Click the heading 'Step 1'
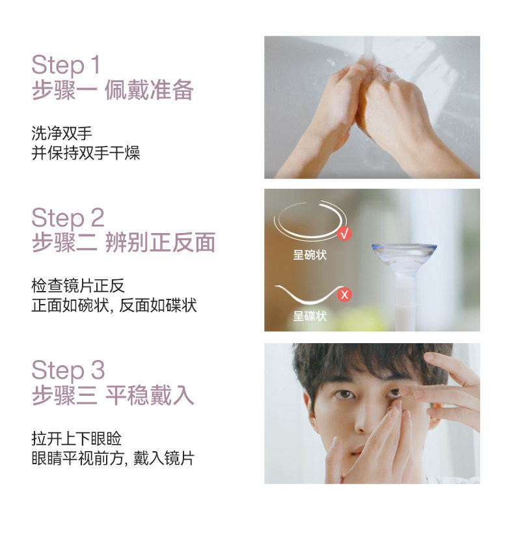pos(66,64)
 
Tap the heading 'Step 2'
pos(68,217)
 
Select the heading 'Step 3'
pos(68,370)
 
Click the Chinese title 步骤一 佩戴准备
pos(113,90)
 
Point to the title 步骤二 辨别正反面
pos(124,242)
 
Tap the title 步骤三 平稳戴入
pos(113,395)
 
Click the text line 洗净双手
pos(62,133)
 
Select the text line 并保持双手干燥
pos(86,153)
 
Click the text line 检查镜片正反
pos(78,286)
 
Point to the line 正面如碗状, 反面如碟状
pos(114,305)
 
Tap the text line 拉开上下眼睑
pos(77,439)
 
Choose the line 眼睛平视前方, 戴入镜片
pos(113,458)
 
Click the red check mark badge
pos(344,234)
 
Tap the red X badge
pos(344,294)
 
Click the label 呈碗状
pos(310,255)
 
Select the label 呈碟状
pos(310,316)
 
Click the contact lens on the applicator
pos(404,257)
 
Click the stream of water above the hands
pos(368,48)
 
